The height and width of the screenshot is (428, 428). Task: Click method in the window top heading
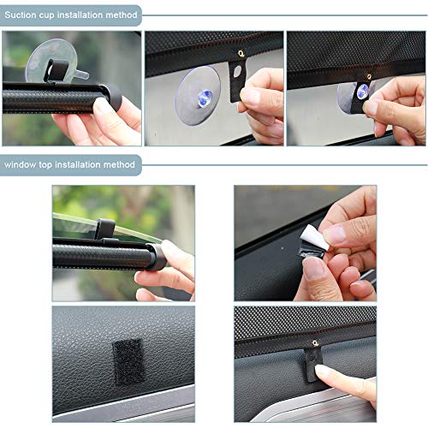point(121,163)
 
